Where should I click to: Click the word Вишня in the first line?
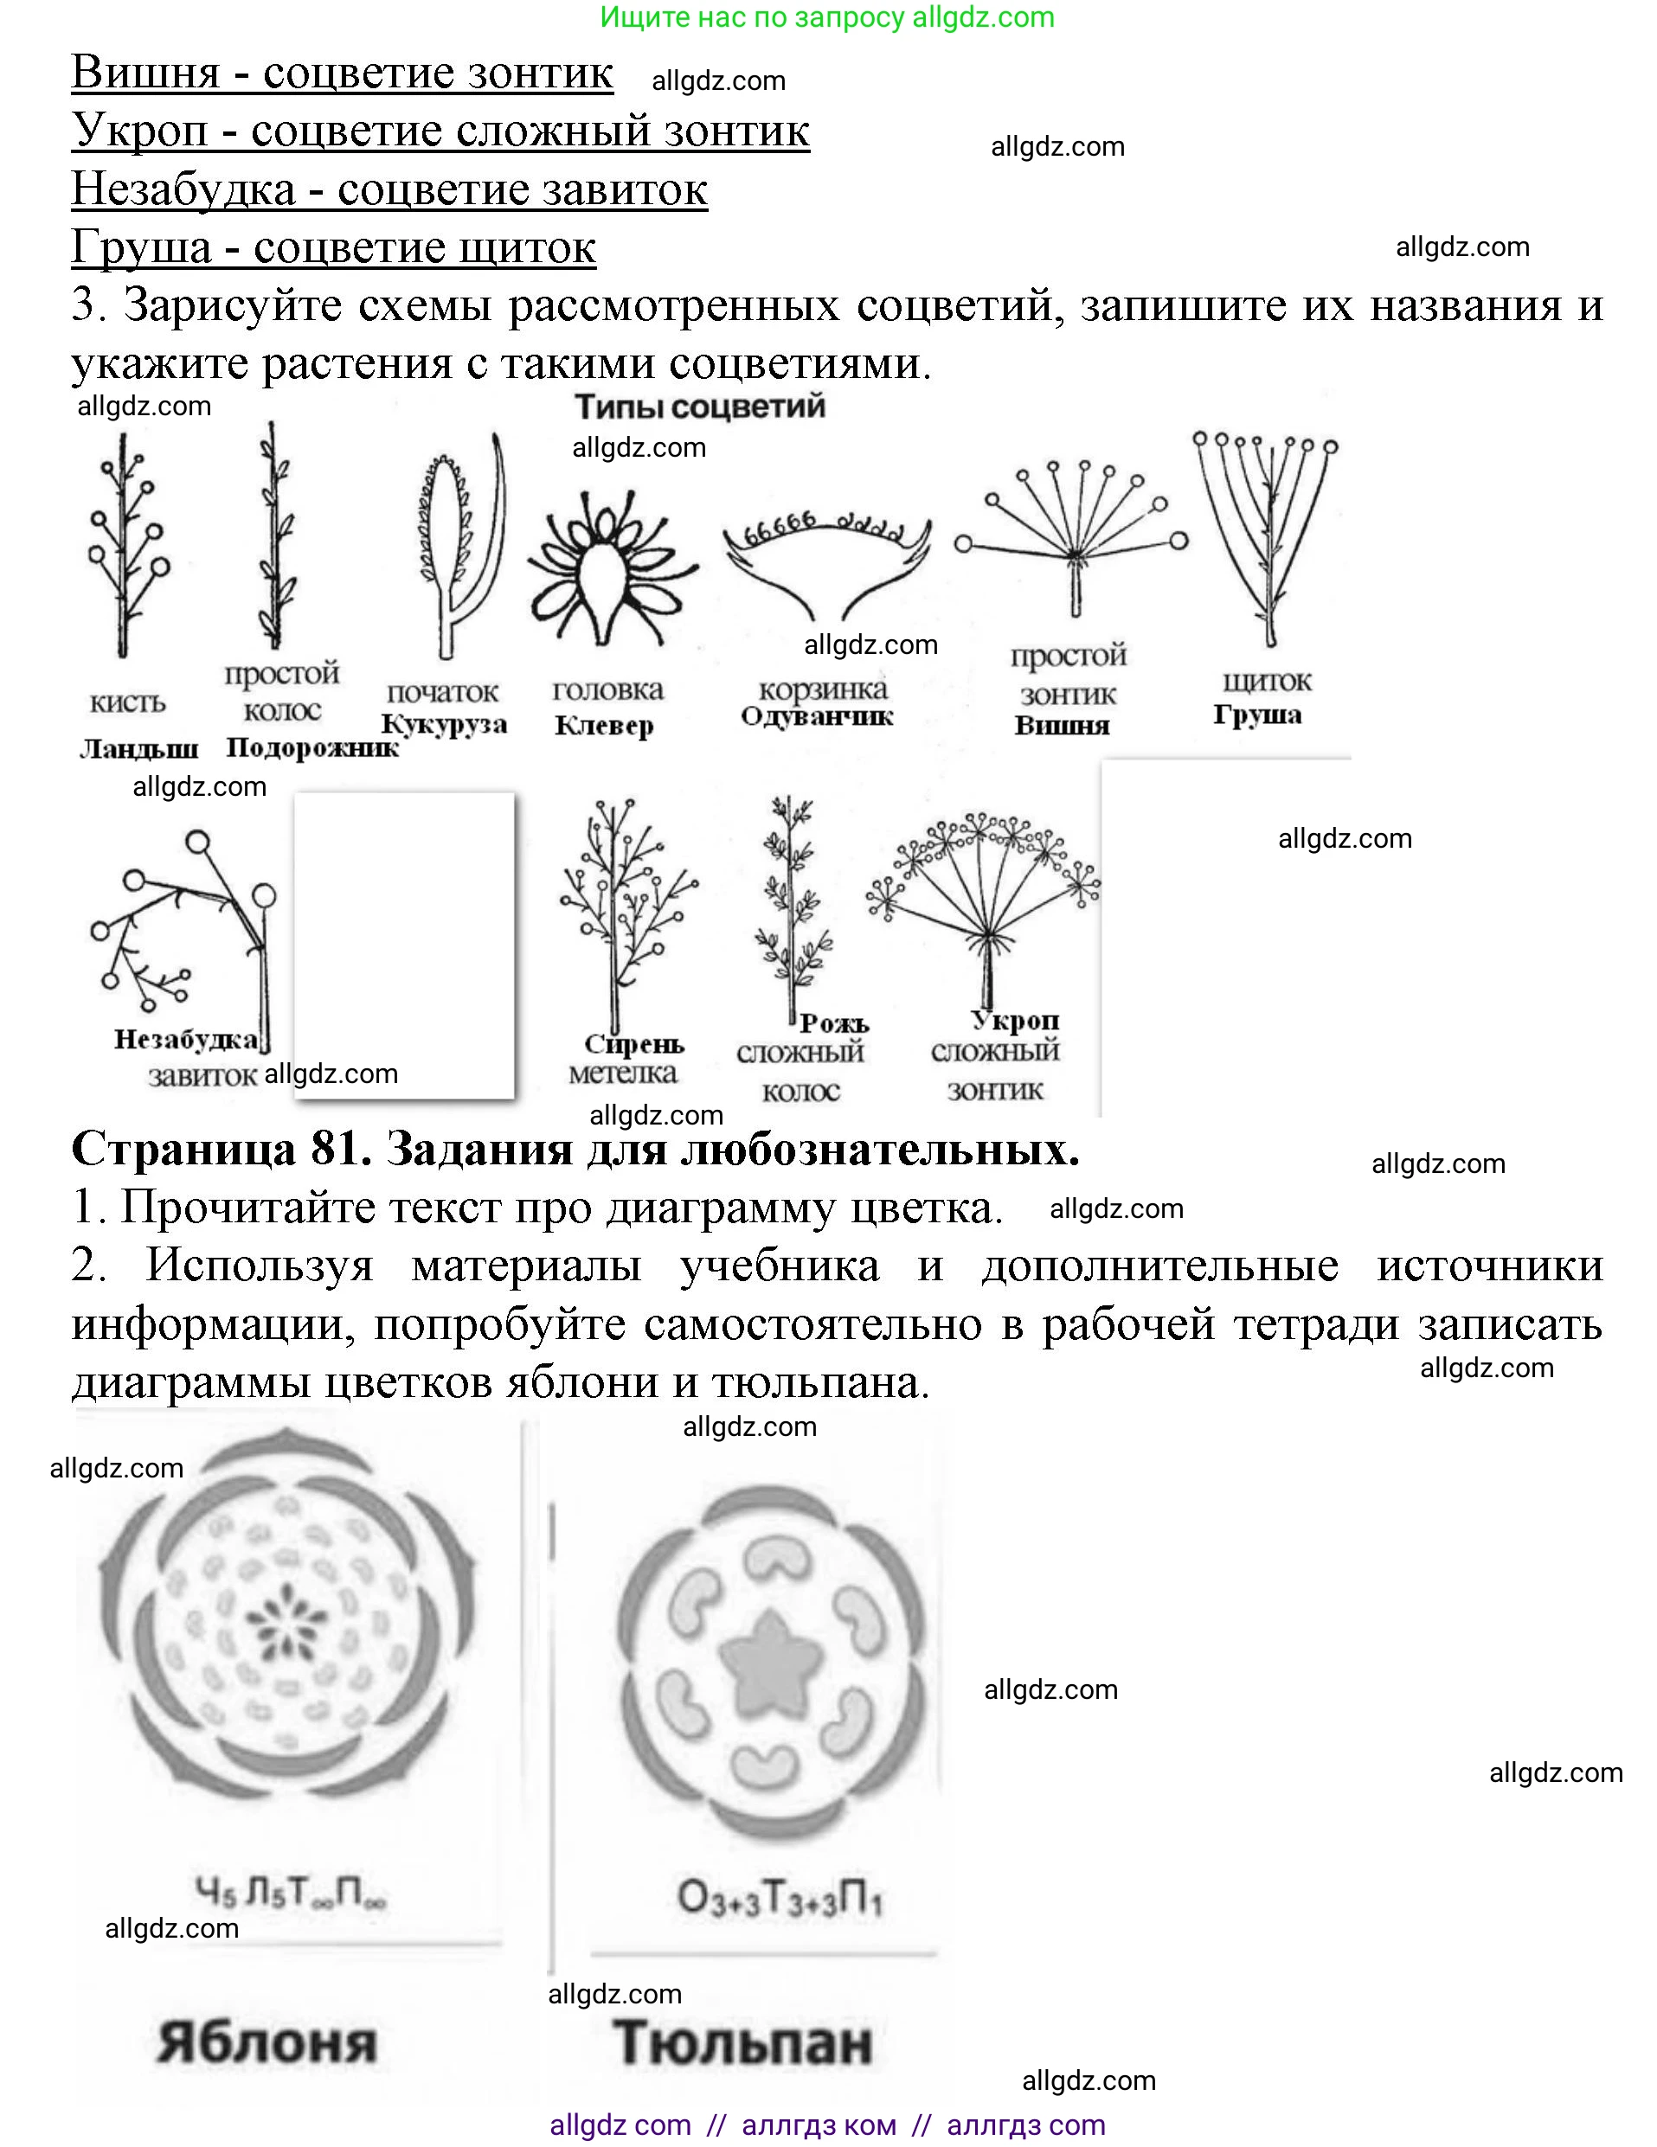[x=145, y=73]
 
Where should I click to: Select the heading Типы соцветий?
[x=699, y=407]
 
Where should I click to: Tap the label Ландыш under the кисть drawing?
[x=138, y=749]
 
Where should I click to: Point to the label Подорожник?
[x=311, y=748]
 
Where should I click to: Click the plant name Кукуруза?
[x=445, y=725]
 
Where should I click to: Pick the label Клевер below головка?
[x=604, y=726]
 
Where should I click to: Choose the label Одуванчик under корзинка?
[x=816, y=716]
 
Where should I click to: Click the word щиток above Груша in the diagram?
[x=1267, y=682]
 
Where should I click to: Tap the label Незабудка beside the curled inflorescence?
[x=187, y=1039]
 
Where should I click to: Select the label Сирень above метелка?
[x=633, y=1044]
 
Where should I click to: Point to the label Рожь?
[x=834, y=1023]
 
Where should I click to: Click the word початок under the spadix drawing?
[x=442, y=692]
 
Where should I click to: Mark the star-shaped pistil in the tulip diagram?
[x=769, y=1662]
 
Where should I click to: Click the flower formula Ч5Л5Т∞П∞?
[x=290, y=1893]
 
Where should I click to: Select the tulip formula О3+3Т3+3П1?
[x=780, y=1898]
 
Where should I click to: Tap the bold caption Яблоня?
[x=267, y=2043]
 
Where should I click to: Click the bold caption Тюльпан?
[x=743, y=2043]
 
